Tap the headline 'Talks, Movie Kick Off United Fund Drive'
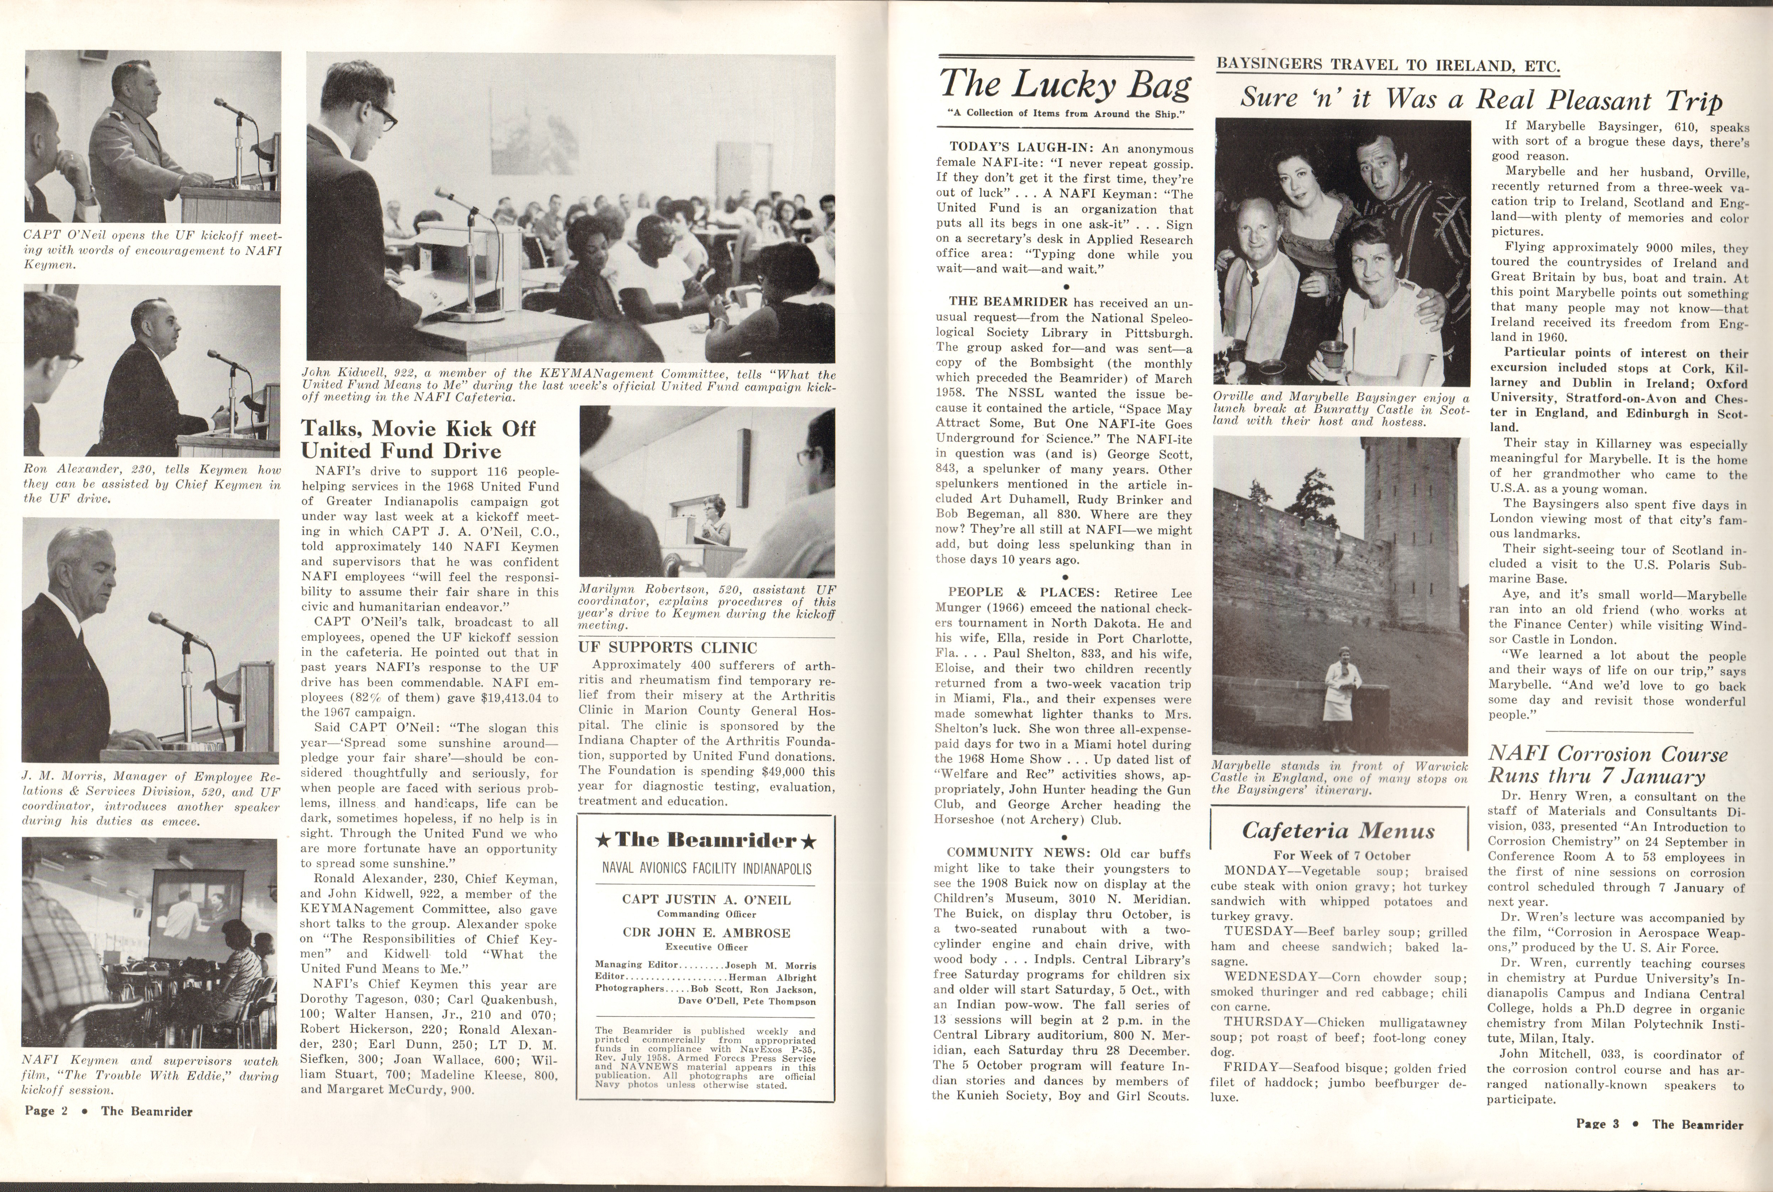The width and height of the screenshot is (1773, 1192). point(418,439)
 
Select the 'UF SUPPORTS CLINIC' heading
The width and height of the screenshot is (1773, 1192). point(667,648)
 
